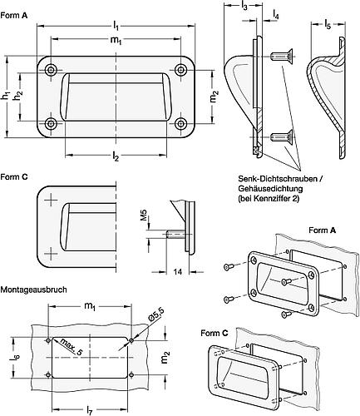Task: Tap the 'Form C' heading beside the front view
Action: pos(14,177)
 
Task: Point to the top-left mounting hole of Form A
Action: pos(52,68)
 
